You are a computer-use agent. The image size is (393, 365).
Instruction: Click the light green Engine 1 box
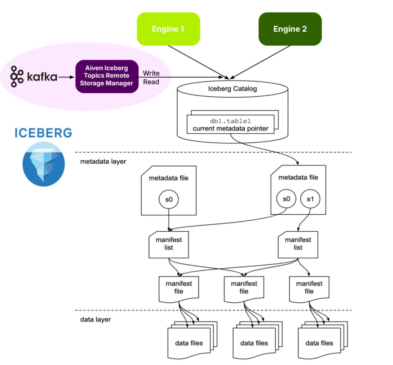coord(168,29)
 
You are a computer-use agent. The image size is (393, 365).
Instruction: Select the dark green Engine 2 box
coord(290,29)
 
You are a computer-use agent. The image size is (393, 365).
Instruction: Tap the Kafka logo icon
coord(17,77)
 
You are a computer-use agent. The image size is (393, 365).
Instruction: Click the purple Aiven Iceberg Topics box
coord(107,76)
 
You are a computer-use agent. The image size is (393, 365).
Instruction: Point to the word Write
coord(151,73)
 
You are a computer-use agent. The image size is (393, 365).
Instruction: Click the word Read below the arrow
coord(151,82)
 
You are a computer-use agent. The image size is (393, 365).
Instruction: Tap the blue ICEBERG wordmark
coord(44,133)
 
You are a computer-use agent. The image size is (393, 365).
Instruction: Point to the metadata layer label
coord(103,162)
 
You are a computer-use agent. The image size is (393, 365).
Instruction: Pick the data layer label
coord(96,319)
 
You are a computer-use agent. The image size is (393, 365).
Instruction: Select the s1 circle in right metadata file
coord(311,199)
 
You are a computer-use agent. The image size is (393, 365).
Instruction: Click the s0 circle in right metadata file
coord(287,199)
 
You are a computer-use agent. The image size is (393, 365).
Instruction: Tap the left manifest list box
coord(169,243)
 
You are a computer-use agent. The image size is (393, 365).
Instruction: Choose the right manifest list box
coord(298,243)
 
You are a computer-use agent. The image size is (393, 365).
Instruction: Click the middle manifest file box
coord(243,288)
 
